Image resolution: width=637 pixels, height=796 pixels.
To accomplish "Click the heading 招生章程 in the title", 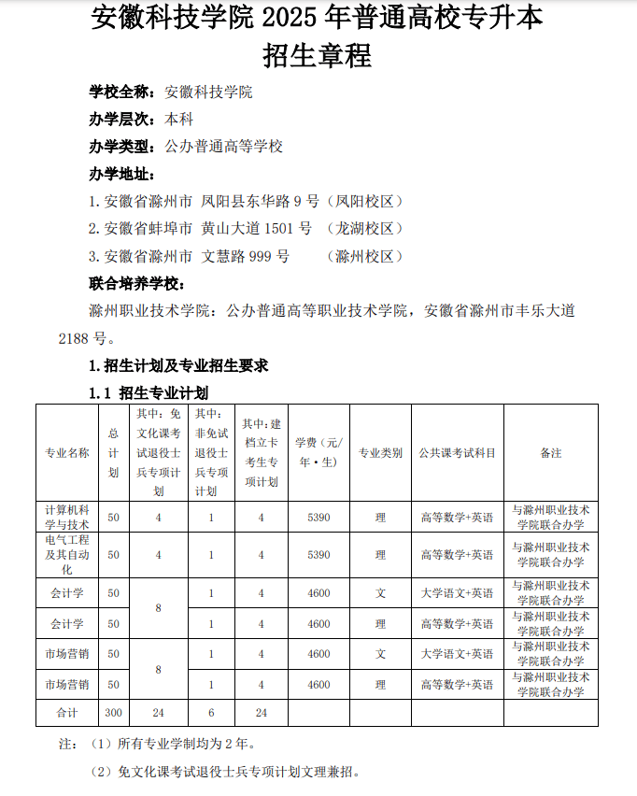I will [x=318, y=56].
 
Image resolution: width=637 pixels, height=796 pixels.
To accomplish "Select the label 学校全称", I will [x=120, y=92].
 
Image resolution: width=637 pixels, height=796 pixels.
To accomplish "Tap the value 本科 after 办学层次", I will [x=178, y=120].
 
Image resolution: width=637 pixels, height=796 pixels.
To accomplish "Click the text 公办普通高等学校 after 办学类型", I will [x=223, y=147].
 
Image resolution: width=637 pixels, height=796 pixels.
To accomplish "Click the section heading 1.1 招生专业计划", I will [x=149, y=392].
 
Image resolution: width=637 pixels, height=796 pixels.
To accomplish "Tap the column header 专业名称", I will [x=67, y=453].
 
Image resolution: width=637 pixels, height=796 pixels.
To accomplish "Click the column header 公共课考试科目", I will [x=458, y=453].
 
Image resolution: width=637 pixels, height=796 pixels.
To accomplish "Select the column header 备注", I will [x=551, y=453].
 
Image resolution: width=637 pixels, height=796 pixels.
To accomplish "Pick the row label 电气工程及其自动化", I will [x=67, y=555].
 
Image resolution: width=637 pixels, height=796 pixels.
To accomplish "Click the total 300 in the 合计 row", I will [x=113, y=713].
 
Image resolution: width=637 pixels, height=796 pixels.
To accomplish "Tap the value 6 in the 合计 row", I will [x=211, y=713].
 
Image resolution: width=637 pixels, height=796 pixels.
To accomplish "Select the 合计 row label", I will [x=67, y=713].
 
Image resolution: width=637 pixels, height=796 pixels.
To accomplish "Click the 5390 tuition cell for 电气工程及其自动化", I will [x=318, y=555].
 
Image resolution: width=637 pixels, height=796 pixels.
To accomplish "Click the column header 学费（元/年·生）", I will [x=318, y=453].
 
